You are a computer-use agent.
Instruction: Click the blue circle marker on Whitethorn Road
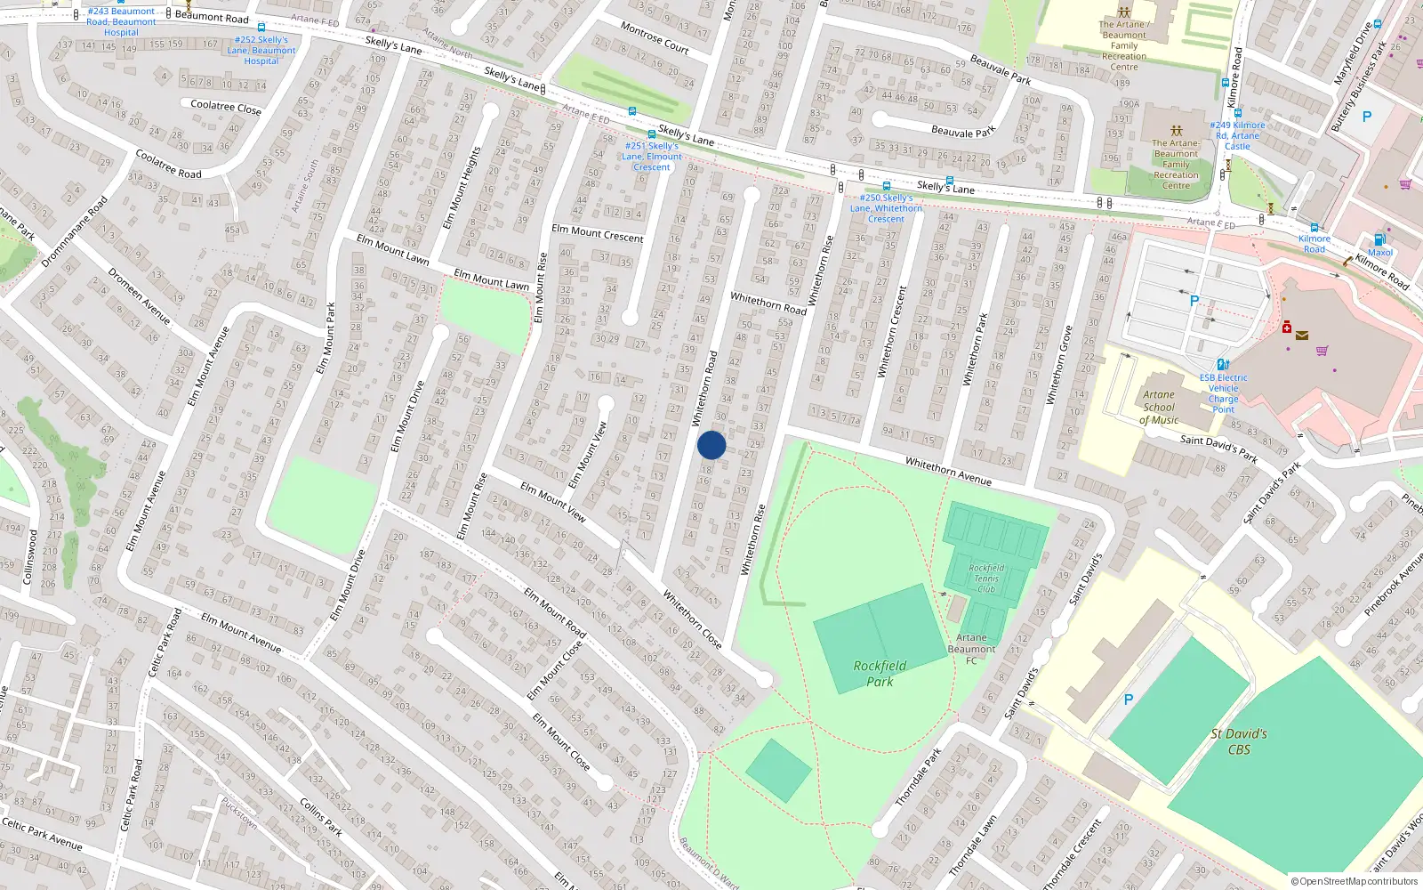[x=711, y=445]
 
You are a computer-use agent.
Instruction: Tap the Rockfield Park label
[x=880, y=674]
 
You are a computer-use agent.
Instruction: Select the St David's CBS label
[x=1239, y=741]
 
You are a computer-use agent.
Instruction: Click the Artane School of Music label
[x=1159, y=408]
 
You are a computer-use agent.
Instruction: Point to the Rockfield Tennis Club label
[x=986, y=578]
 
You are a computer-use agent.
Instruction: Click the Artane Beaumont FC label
[x=971, y=649]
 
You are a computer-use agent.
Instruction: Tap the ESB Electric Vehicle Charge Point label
[x=1223, y=393]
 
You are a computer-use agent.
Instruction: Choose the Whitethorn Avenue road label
[x=948, y=471]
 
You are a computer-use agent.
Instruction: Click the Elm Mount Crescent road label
[x=597, y=233]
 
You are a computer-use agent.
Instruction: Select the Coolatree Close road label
[x=226, y=107]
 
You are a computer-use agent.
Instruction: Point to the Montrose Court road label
[x=655, y=37]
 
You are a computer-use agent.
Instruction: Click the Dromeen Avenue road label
[x=139, y=295]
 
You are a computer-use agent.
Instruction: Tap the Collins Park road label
[x=320, y=817]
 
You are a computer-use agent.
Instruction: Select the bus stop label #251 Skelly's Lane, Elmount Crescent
[x=652, y=157]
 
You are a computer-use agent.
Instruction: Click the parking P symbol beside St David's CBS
[x=1129, y=700]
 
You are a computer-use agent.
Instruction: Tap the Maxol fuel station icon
[x=1379, y=239]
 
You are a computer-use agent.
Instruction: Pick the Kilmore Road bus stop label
[x=1314, y=244]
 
